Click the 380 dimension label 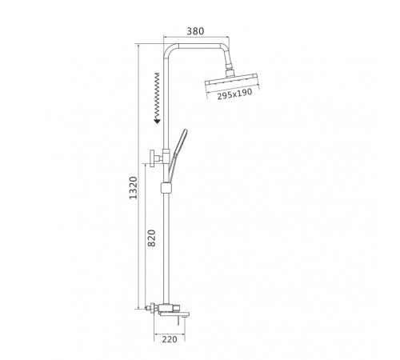pyautogui.click(x=195, y=31)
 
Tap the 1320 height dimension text pyautogui.click(x=133, y=188)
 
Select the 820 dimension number pyautogui.click(x=151, y=238)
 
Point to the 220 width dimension pyautogui.click(x=170, y=339)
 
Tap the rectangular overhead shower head pyautogui.click(x=232, y=79)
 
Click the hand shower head pyautogui.click(x=181, y=142)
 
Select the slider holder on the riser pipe pyautogui.click(x=166, y=187)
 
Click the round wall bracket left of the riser pyautogui.click(x=154, y=158)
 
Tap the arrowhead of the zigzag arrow pyautogui.click(x=157, y=122)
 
